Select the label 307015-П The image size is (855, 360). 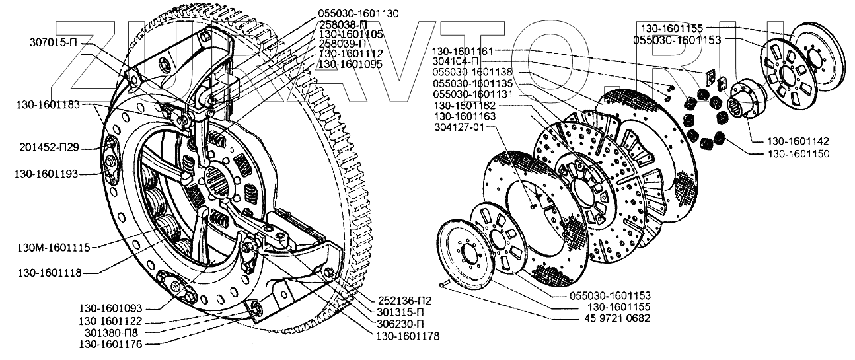coord(56,44)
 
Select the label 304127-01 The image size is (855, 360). coord(463,127)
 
